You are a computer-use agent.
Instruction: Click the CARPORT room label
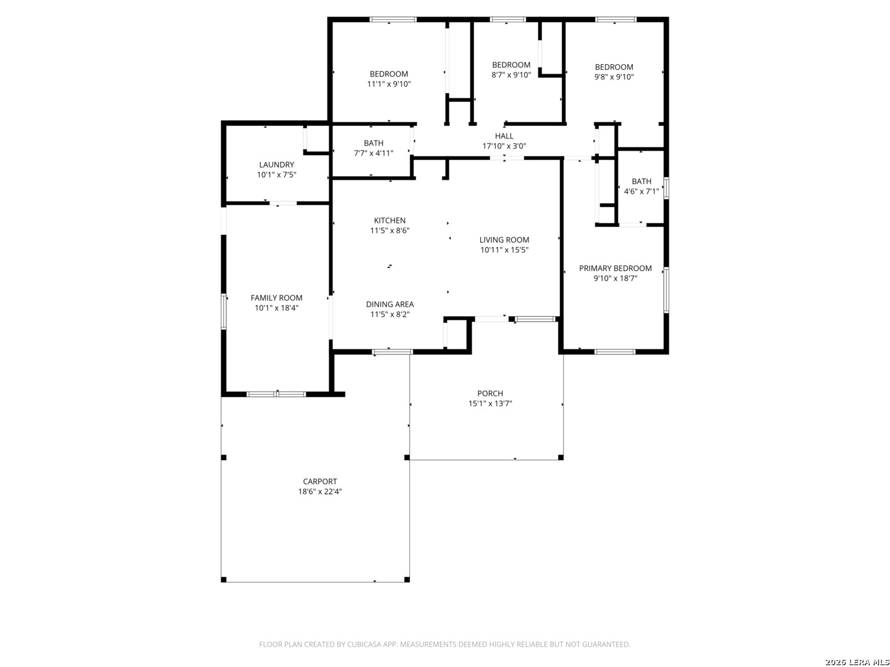[320, 481]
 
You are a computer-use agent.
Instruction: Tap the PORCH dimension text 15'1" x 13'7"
[489, 403]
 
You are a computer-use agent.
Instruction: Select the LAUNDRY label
[276, 164]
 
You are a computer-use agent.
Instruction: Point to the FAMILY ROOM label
[276, 298]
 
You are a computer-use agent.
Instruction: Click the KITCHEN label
[389, 220]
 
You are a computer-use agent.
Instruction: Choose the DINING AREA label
[389, 304]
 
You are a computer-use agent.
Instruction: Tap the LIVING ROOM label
[504, 240]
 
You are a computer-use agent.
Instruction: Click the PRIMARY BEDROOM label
[615, 268]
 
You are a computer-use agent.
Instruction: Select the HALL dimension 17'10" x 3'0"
[504, 146]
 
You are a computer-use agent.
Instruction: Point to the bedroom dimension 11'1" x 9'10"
[389, 84]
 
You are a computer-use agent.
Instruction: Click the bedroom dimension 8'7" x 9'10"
[511, 75]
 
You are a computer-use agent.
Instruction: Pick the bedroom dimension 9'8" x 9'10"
[614, 77]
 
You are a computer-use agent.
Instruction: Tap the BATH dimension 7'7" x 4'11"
[373, 153]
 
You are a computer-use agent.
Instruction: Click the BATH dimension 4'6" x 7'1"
[641, 191]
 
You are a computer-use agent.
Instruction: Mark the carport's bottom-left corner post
[223, 579]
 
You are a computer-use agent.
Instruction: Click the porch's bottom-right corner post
[561, 458]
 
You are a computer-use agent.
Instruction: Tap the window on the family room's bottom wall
[276, 394]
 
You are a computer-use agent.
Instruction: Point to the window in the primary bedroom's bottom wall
[615, 351]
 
